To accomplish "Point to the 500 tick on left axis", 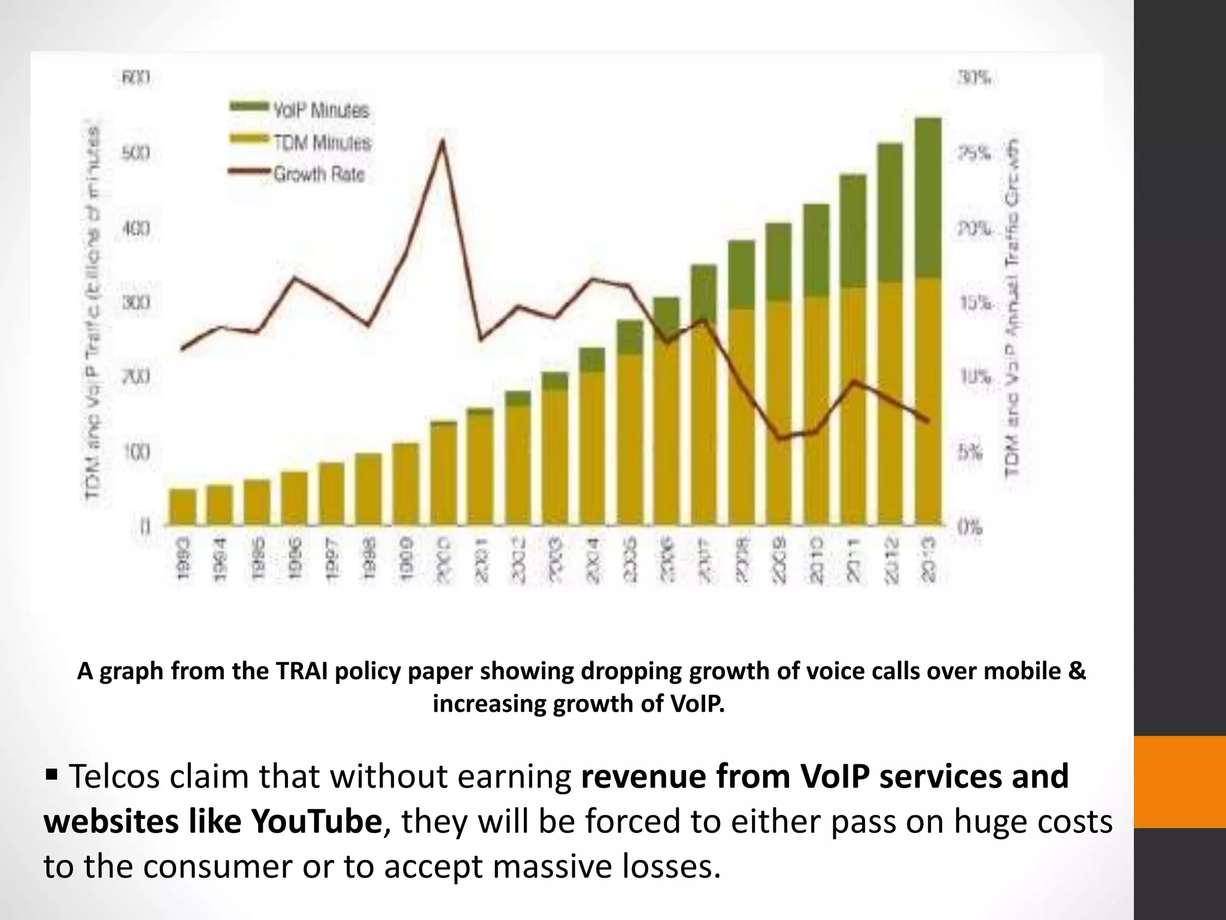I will (136, 153).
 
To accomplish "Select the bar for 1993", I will (183, 507).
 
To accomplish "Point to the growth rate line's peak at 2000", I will (442, 141).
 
